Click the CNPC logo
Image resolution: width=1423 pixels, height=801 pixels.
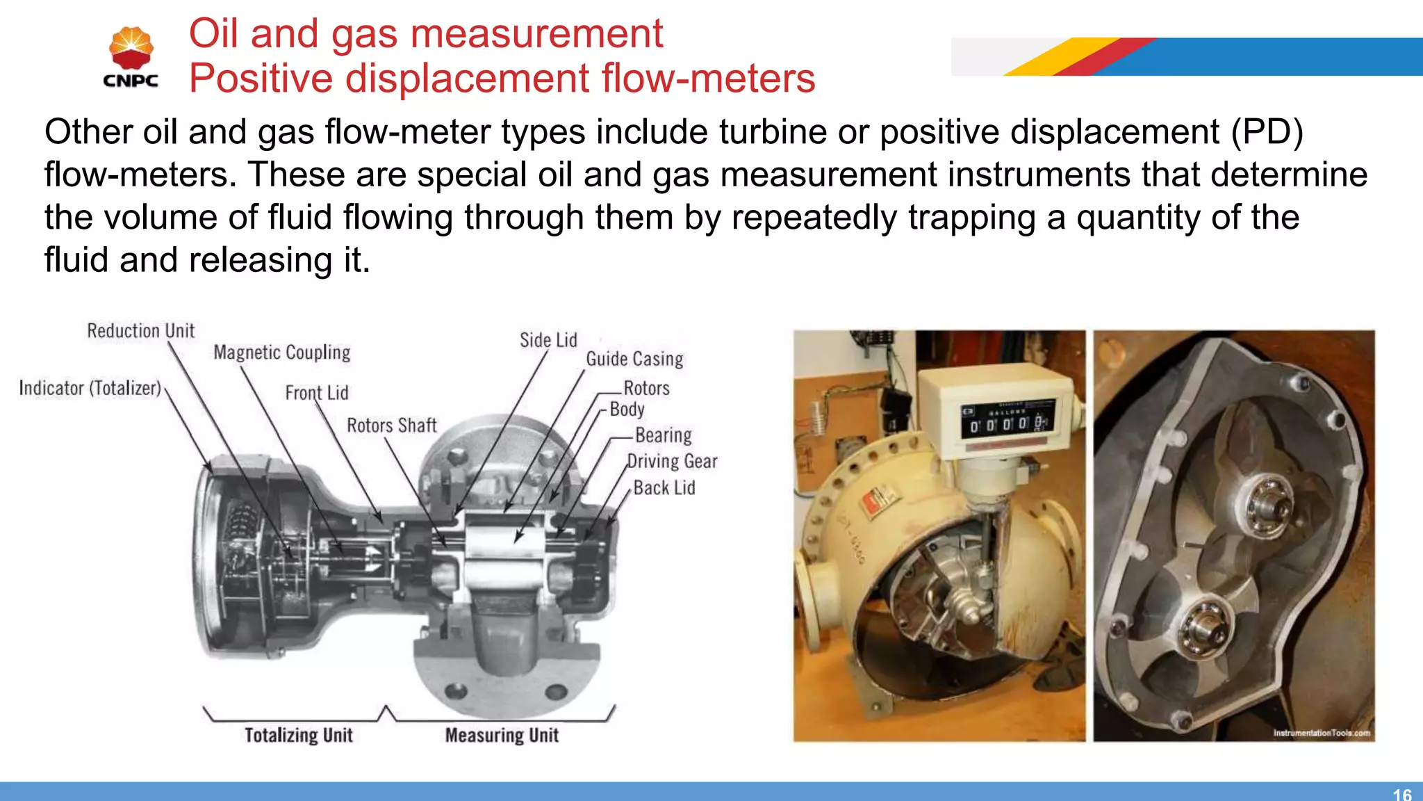(131, 58)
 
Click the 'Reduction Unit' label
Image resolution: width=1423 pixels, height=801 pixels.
(140, 331)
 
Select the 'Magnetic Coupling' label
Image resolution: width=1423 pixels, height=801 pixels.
(281, 353)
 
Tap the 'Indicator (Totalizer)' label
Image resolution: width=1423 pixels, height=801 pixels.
(90, 388)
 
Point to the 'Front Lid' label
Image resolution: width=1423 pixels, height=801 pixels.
(316, 393)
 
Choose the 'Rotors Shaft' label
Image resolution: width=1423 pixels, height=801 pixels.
(391, 426)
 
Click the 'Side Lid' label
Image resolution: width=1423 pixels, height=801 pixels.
(548, 340)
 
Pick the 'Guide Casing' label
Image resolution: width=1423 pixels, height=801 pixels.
(634, 359)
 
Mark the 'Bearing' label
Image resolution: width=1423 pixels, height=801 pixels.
(663, 435)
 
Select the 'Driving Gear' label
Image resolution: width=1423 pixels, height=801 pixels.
(672, 462)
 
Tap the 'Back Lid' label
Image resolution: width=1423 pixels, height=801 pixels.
(664, 488)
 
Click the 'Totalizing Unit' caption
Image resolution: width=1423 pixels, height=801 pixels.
(298, 735)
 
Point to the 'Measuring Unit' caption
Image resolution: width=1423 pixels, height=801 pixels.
(502, 735)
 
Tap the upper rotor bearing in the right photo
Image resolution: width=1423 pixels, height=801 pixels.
(1264, 501)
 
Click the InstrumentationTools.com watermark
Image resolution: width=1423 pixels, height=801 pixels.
(1321, 733)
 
